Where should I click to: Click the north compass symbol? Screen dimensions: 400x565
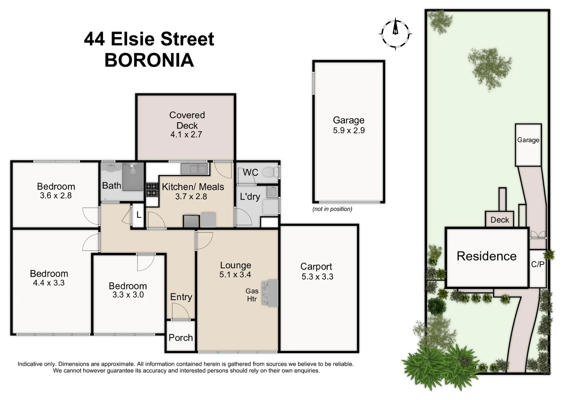coord(396,33)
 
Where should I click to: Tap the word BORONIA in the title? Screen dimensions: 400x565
coord(149,60)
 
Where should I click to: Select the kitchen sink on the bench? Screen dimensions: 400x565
coord(194,169)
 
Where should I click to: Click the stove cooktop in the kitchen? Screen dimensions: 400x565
coord(151,190)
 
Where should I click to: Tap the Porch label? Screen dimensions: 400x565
coord(181,338)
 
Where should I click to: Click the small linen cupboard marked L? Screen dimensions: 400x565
coord(139,215)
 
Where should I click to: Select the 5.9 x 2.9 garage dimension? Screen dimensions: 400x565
coord(349,130)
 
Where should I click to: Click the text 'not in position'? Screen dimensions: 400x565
coord(332,209)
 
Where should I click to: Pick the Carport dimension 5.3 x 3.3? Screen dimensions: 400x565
coord(317,277)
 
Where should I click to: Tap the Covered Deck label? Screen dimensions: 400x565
coord(187,120)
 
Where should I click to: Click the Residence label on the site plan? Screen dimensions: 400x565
coord(486,256)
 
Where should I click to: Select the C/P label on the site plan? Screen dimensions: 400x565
coord(538,264)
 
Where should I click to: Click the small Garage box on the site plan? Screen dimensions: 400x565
coord(528,144)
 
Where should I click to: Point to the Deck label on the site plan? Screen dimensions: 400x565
coord(500,220)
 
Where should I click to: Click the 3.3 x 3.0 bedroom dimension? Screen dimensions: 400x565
coord(128,295)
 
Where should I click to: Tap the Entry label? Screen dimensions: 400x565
coord(181,297)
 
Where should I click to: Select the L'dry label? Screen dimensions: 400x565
coord(250,197)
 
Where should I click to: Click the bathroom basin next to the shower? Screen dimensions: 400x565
coord(111,169)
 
